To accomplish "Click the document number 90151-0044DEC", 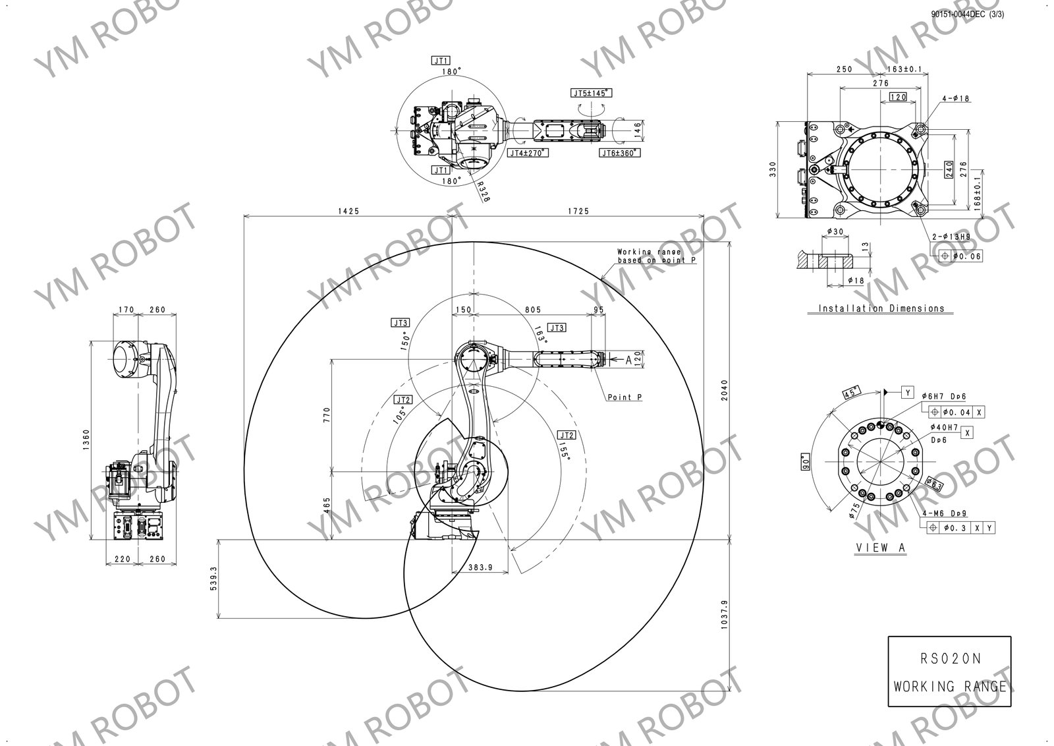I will click(957, 13).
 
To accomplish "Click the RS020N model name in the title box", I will click(949, 658).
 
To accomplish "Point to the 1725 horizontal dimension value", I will click(578, 211).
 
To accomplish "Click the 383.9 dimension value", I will click(480, 567).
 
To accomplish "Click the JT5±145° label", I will click(591, 93).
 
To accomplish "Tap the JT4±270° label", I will click(528, 152).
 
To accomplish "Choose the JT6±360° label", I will click(619, 153).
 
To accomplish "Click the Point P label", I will click(624, 397).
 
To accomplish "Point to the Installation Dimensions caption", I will click(881, 308).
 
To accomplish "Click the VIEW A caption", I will click(880, 548).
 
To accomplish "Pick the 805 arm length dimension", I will click(533, 309).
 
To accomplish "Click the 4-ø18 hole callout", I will click(955, 99).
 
